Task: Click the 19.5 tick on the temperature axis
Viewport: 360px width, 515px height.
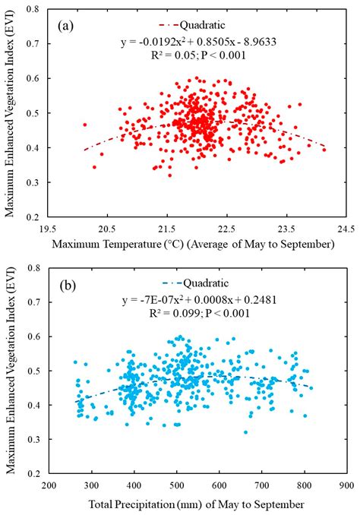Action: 48,227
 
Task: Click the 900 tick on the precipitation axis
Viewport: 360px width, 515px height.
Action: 346,485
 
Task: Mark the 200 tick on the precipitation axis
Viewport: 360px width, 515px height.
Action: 48,485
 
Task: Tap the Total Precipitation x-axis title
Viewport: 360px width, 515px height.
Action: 197,503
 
